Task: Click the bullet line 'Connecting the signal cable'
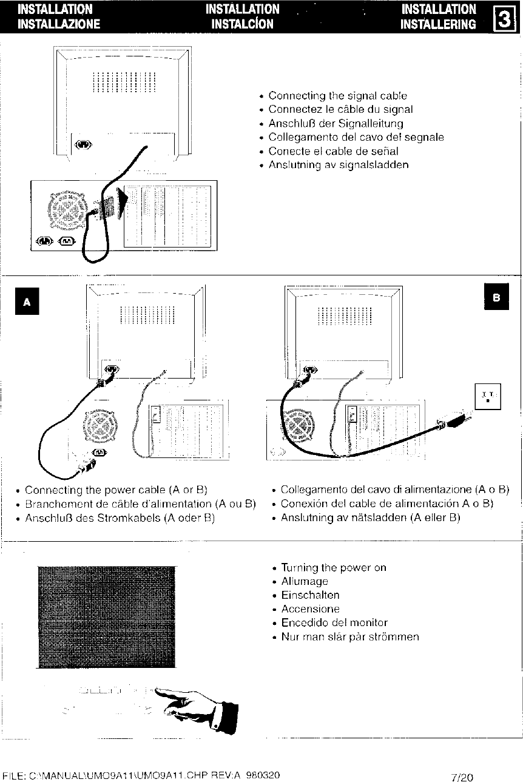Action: (337, 96)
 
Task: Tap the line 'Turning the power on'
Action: (334, 568)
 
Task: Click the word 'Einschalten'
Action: (310, 595)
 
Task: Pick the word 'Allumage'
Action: (305, 581)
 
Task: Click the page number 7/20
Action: (463, 777)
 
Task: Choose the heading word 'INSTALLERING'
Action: (439, 24)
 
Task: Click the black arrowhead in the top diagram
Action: (123, 203)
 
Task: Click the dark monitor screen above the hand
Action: (106, 616)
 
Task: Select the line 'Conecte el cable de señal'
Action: (333, 151)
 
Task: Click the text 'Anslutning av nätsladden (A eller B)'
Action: (371, 517)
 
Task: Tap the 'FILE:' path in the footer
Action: (141, 775)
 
